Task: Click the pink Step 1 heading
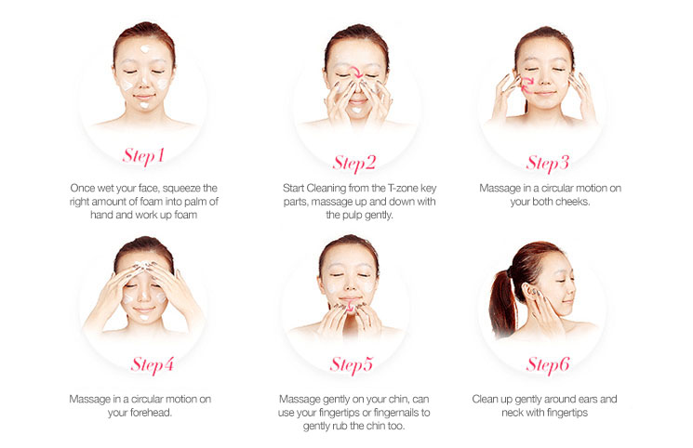pos(143,156)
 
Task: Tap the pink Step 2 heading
pos(354,163)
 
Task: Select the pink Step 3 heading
pos(547,163)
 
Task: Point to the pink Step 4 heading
pos(152,365)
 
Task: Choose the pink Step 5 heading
pos(352,365)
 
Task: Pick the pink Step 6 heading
pos(548,365)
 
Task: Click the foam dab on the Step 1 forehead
pos(144,48)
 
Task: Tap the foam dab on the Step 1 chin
pos(144,105)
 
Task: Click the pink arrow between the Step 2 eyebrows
pos(356,72)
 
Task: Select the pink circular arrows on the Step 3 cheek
pos(526,85)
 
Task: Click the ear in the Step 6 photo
pos(529,293)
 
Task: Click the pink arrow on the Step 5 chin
pos(349,305)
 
